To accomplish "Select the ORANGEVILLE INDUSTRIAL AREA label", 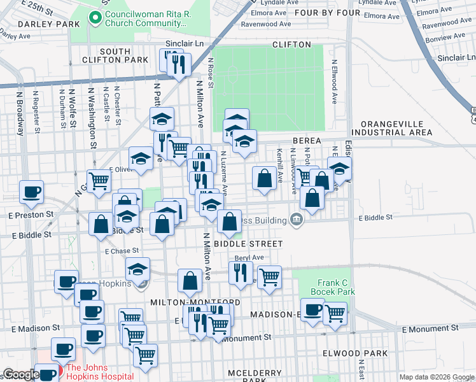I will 396,128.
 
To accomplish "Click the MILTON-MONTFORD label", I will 195,302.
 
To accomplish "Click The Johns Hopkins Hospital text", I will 100,372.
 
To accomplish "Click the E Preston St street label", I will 27,215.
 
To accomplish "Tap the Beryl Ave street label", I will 249,258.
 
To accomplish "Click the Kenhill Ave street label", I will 279,165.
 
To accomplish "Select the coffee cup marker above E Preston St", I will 31,192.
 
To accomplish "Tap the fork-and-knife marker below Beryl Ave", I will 241,272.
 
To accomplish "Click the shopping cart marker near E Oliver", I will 99,181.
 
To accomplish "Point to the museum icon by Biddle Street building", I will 296,220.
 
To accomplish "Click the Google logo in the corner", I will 20,374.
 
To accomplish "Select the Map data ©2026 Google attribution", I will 437,377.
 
